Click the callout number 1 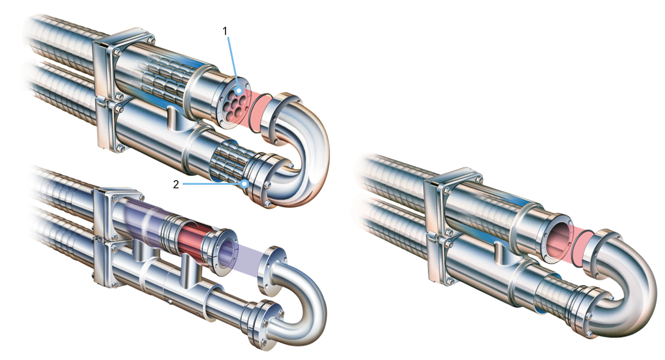click(225, 31)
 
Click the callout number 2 click(176, 184)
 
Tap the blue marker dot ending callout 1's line click(239, 91)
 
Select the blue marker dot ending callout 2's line click(245, 184)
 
